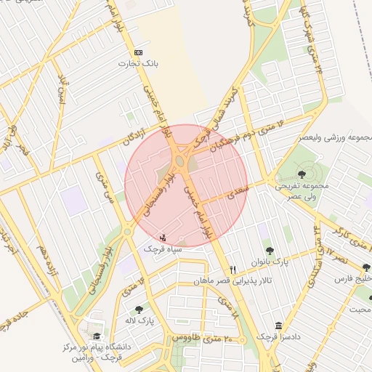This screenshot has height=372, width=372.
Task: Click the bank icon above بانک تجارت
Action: tap(139, 52)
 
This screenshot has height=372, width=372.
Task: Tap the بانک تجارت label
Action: tap(139, 63)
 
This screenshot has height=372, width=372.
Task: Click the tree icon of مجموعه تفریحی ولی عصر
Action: tap(302, 174)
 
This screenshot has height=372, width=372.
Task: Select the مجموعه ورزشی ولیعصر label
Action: tap(336, 137)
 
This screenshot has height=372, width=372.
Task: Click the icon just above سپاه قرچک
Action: tap(162, 237)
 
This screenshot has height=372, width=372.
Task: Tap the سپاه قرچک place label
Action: tap(162, 248)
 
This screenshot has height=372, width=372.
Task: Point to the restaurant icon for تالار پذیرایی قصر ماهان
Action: tap(232, 269)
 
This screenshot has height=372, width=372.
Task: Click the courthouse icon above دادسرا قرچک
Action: tap(278, 326)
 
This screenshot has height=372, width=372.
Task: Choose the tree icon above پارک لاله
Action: tap(138, 310)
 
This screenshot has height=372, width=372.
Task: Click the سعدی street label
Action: tap(238, 193)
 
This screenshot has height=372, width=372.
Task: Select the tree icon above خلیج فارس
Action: tap(365, 267)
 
